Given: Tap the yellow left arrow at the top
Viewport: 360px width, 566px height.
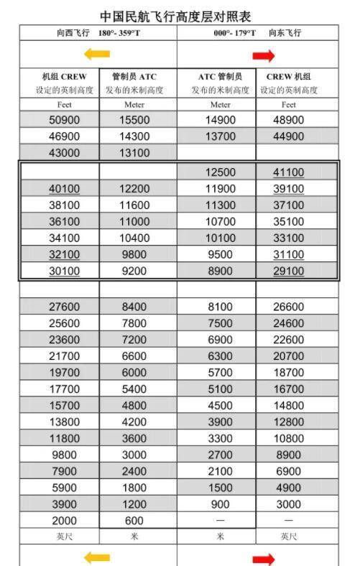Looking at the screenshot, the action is [x=97, y=55].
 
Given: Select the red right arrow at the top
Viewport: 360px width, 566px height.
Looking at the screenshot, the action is [x=264, y=55].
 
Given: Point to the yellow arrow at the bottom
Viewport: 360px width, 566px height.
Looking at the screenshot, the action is [x=97, y=556].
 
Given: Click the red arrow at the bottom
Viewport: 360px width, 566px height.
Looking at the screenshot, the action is [x=264, y=558].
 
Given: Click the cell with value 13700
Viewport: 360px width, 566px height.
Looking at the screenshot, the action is [x=220, y=136].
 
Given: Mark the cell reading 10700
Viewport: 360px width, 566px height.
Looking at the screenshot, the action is [x=220, y=222].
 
